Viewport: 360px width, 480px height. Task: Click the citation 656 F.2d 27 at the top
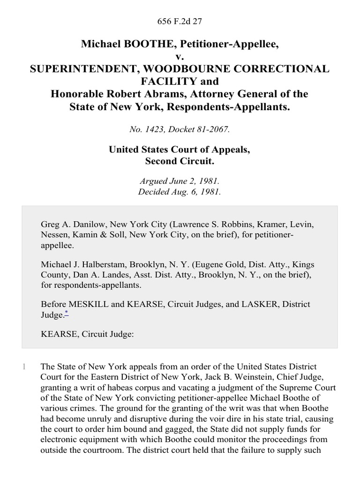[180, 21]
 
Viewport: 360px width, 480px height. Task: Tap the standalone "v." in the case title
[180, 56]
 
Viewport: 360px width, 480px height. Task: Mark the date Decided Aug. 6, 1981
[180, 192]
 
